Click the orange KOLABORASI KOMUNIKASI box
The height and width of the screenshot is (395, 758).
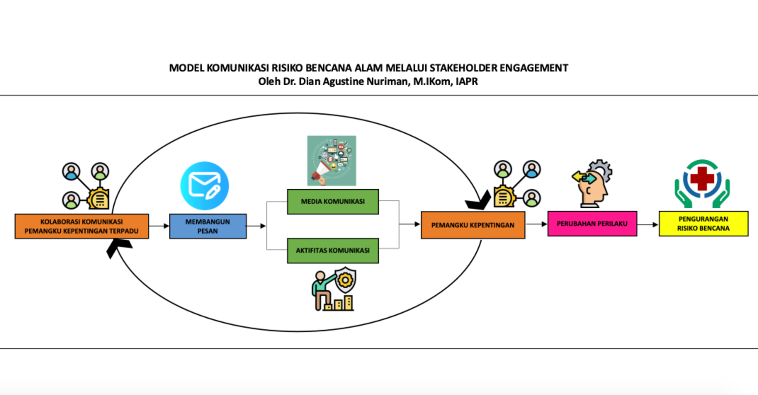point(81,226)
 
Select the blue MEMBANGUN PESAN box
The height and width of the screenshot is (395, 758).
point(208,226)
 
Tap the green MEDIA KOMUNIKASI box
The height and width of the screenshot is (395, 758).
point(333,201)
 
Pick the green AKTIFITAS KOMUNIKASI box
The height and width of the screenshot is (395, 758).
point(333,250)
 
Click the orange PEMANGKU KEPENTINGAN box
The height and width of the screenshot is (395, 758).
point(473,225)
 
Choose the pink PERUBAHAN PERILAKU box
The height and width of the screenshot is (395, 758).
point(592,224)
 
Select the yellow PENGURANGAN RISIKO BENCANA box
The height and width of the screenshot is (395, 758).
point(703,224)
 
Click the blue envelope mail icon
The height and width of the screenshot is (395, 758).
point(205,186)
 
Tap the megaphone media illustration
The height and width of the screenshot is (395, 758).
point(331,161)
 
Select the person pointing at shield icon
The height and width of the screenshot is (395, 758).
point(333,289)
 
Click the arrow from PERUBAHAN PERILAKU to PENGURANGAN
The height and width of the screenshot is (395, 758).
point(648,224)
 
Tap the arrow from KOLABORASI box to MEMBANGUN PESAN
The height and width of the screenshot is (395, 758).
point(159,226)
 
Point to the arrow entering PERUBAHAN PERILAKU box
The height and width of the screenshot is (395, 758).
point(537,224)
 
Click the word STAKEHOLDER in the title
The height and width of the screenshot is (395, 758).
point(463,68)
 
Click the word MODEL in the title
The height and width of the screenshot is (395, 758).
point(186,68)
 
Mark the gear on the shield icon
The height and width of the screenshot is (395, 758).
point(345,280)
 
